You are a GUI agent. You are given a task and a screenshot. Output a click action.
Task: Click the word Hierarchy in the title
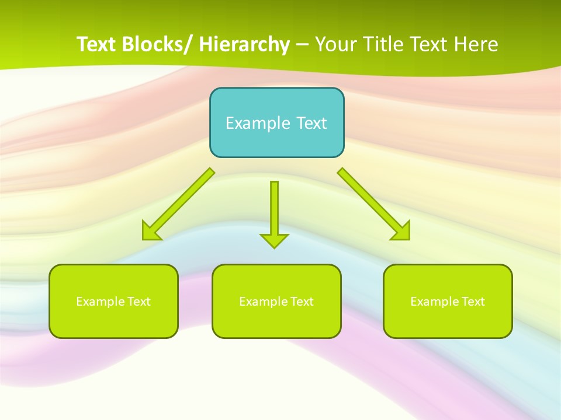pos(244,44)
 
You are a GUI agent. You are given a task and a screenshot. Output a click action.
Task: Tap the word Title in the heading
pos(382,44)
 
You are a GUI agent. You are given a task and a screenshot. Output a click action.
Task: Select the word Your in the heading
pos(337,44)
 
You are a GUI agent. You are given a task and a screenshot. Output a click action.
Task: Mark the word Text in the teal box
pos(311,123)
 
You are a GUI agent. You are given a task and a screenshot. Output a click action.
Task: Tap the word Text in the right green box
pos(473,302)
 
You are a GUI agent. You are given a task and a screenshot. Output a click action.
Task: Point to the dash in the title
pos(302,45)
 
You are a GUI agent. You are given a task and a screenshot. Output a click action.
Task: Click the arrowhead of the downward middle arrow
pos(274,240)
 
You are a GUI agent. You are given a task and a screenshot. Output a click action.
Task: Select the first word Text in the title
pos(97,44)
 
